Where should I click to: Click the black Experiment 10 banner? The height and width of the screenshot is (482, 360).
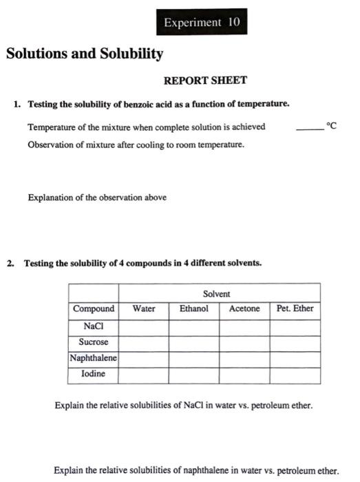click(201, 23)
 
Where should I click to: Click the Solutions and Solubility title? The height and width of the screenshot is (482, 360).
click(85, 53)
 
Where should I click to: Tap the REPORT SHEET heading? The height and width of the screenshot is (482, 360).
click(205, 81)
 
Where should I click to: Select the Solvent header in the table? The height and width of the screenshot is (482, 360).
click(217, 293)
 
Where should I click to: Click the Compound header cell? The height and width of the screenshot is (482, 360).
click(94, 308)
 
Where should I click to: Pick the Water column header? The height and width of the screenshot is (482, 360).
click(144, 308)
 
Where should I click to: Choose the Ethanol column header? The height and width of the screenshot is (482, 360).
click(194, 308)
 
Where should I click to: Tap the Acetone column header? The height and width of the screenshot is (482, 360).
click(244, 308)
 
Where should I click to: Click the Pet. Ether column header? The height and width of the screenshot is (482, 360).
click(295, 308)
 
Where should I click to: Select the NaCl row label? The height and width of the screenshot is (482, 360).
click(94, 325)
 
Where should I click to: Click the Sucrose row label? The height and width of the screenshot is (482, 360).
click(94, 342)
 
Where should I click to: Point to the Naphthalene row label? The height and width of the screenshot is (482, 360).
click(94, 358)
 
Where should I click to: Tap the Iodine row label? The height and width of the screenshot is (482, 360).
click(94, 374)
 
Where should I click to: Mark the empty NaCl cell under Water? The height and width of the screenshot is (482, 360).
click(144, 325)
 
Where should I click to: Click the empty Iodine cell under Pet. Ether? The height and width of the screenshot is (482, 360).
click(295, 375)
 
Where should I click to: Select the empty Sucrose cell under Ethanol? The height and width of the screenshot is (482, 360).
click(194, 342)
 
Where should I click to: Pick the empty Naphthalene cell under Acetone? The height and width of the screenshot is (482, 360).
click(244, 358)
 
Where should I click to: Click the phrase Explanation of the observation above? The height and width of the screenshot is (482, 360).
click(97, 198)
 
